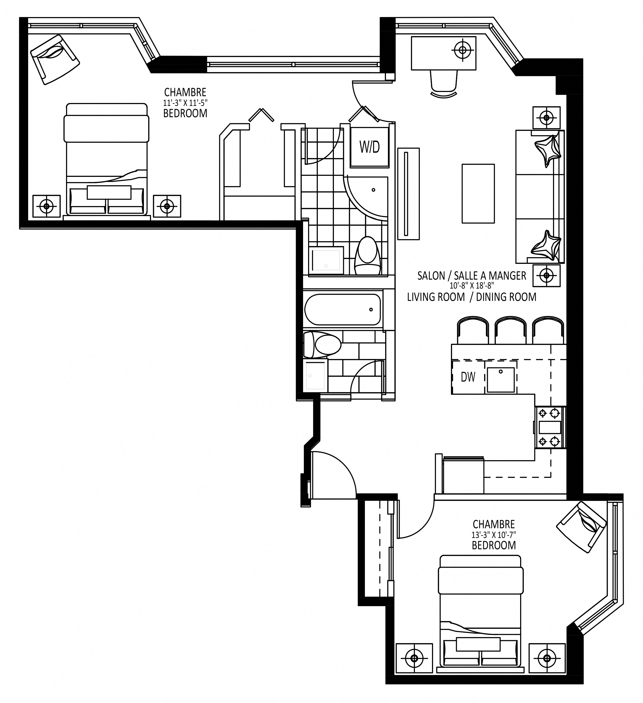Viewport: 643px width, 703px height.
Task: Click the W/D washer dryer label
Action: point(370,147)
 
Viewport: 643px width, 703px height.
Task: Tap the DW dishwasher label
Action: point(468,377)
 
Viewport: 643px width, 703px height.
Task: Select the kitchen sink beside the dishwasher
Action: point(501,380)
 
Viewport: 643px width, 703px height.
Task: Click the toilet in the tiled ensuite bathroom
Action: point(367,256)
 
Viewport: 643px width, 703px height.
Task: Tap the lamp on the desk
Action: point(463,50)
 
